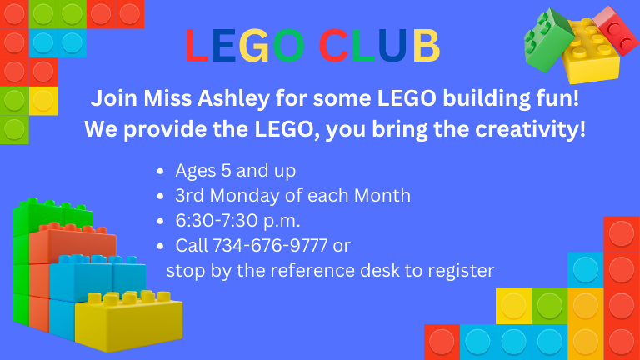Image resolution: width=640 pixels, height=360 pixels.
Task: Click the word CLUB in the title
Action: pos(381,47)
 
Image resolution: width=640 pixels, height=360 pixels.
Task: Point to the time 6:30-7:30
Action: pos(212,221)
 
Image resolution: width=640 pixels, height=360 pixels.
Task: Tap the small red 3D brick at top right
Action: pos(616,30)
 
